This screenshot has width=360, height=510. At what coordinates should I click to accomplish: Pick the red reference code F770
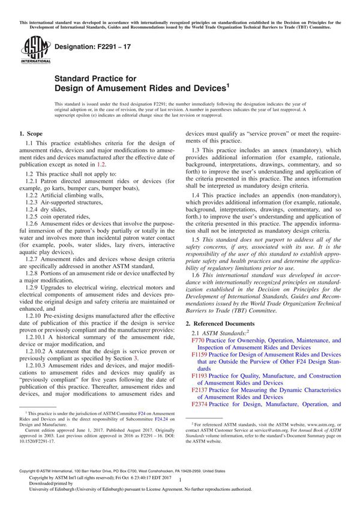point(198,340)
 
